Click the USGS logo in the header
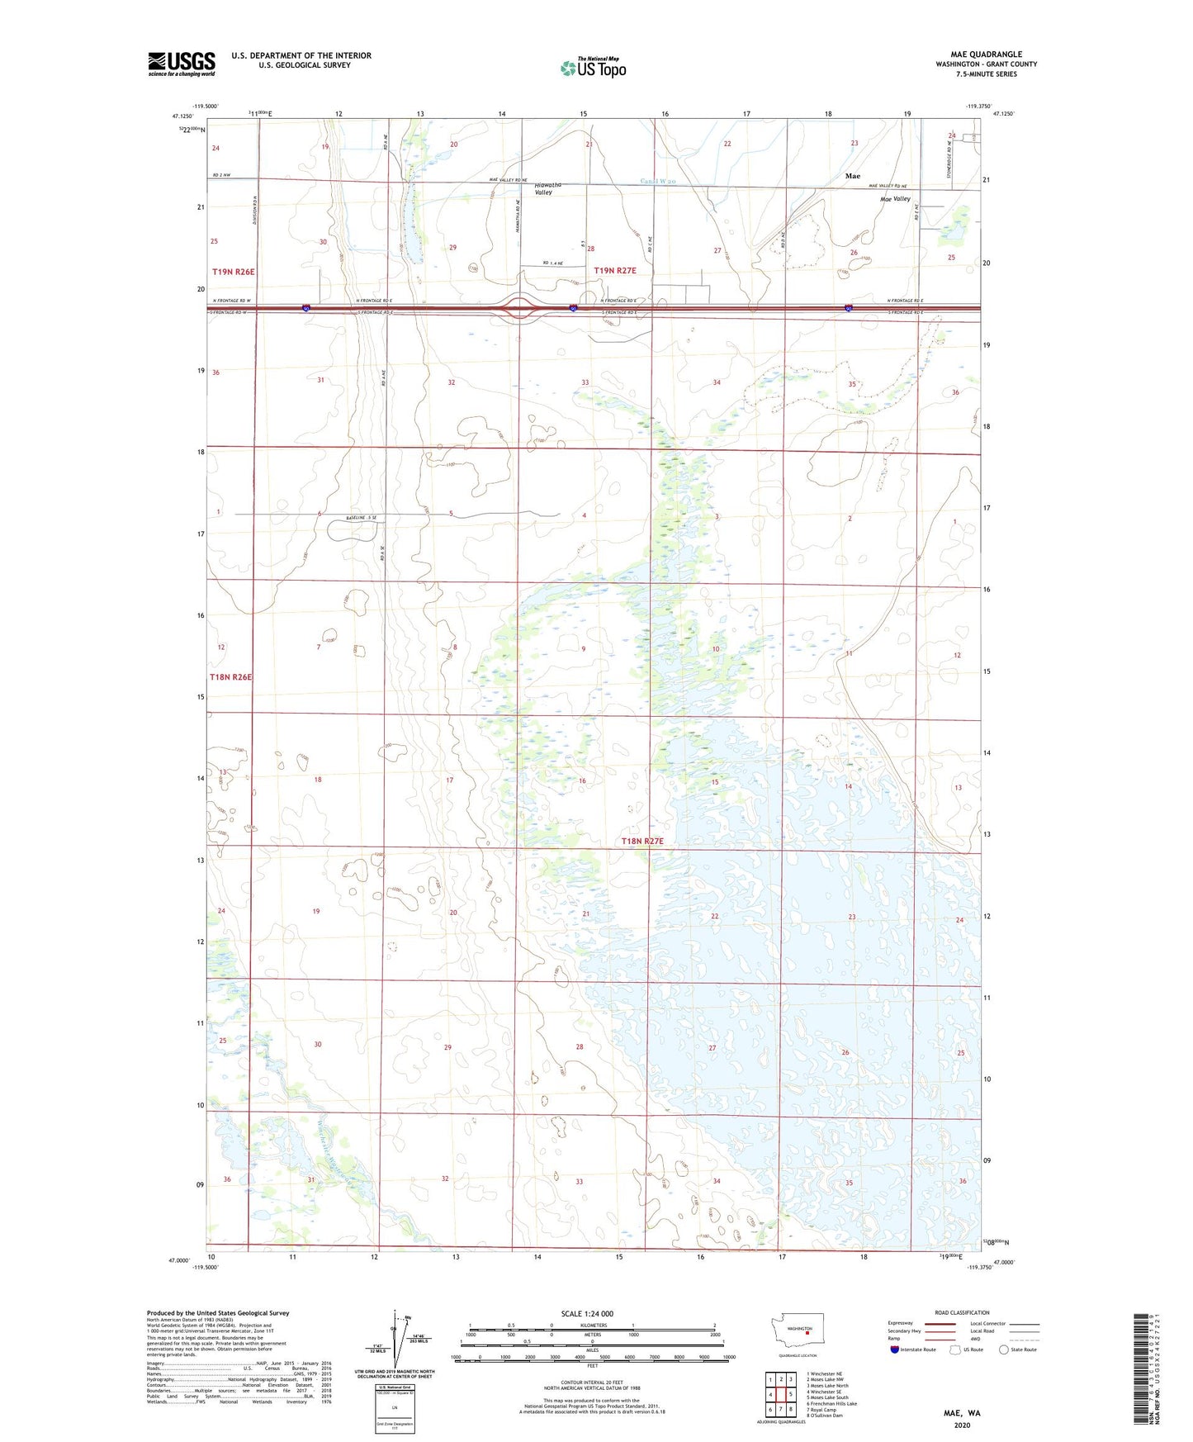[182, 64]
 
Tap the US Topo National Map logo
[593, 67]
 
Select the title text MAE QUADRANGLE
[986, 55]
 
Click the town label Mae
[852, 176]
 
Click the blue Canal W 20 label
[658, 182]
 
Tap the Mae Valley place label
[895, 199]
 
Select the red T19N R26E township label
[234, 272]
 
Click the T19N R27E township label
[615, 270]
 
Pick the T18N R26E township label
[230, 677]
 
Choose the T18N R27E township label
[642, 841]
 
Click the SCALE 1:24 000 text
[587, 1314]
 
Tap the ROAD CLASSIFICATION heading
[962, 1312]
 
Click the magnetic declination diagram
[395, 1341]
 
